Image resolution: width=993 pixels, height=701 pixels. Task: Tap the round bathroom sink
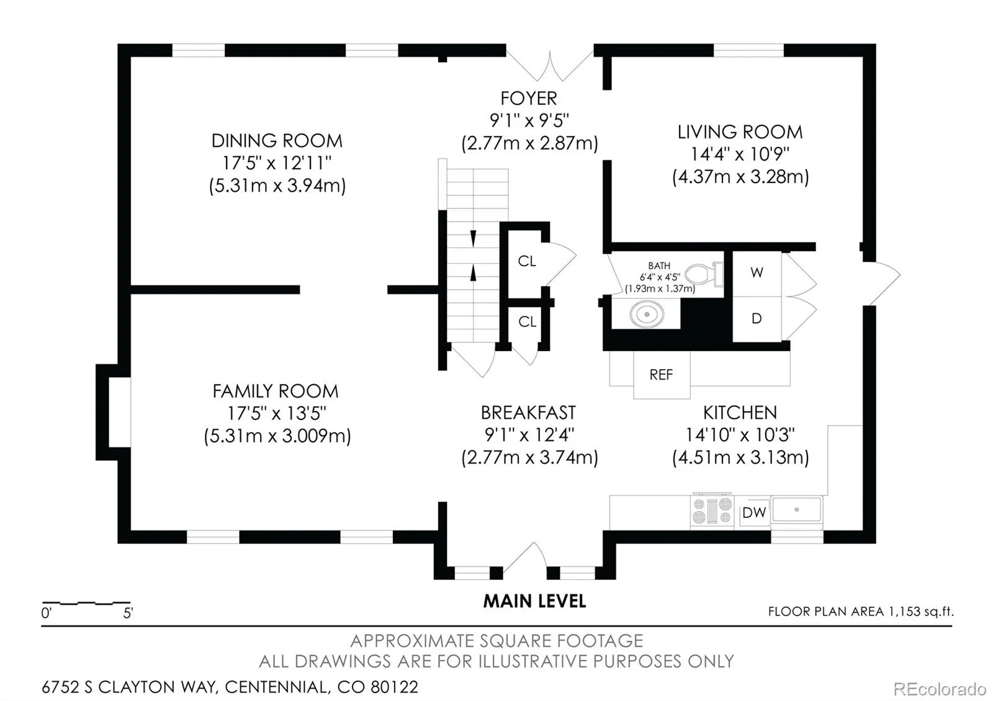[647, 314]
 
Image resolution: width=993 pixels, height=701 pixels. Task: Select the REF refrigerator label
[661, 375]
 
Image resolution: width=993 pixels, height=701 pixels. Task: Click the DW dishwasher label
[754, 512]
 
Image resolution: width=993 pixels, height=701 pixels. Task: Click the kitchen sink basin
[797, 510]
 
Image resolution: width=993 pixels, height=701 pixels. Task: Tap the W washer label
[757, 272]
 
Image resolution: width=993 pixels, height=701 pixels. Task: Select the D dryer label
[757, 318]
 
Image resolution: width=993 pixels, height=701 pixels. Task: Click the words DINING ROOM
[277, 141]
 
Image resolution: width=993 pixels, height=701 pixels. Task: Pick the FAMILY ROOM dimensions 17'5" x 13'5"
[277, 413]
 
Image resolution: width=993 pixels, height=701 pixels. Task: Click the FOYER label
[528, 99]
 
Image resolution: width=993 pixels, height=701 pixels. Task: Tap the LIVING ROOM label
[740, 132]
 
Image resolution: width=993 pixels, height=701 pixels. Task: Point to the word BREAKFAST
[528, 413]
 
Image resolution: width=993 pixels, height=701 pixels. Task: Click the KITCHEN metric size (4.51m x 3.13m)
[740, 457]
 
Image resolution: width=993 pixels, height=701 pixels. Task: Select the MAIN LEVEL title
[534, 601]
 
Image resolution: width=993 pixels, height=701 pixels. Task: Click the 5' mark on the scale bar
[128, 613]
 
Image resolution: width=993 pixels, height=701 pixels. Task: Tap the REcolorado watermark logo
[940, 689]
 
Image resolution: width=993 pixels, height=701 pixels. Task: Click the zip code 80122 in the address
[394, 687]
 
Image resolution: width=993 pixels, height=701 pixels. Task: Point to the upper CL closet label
[527, 261]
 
